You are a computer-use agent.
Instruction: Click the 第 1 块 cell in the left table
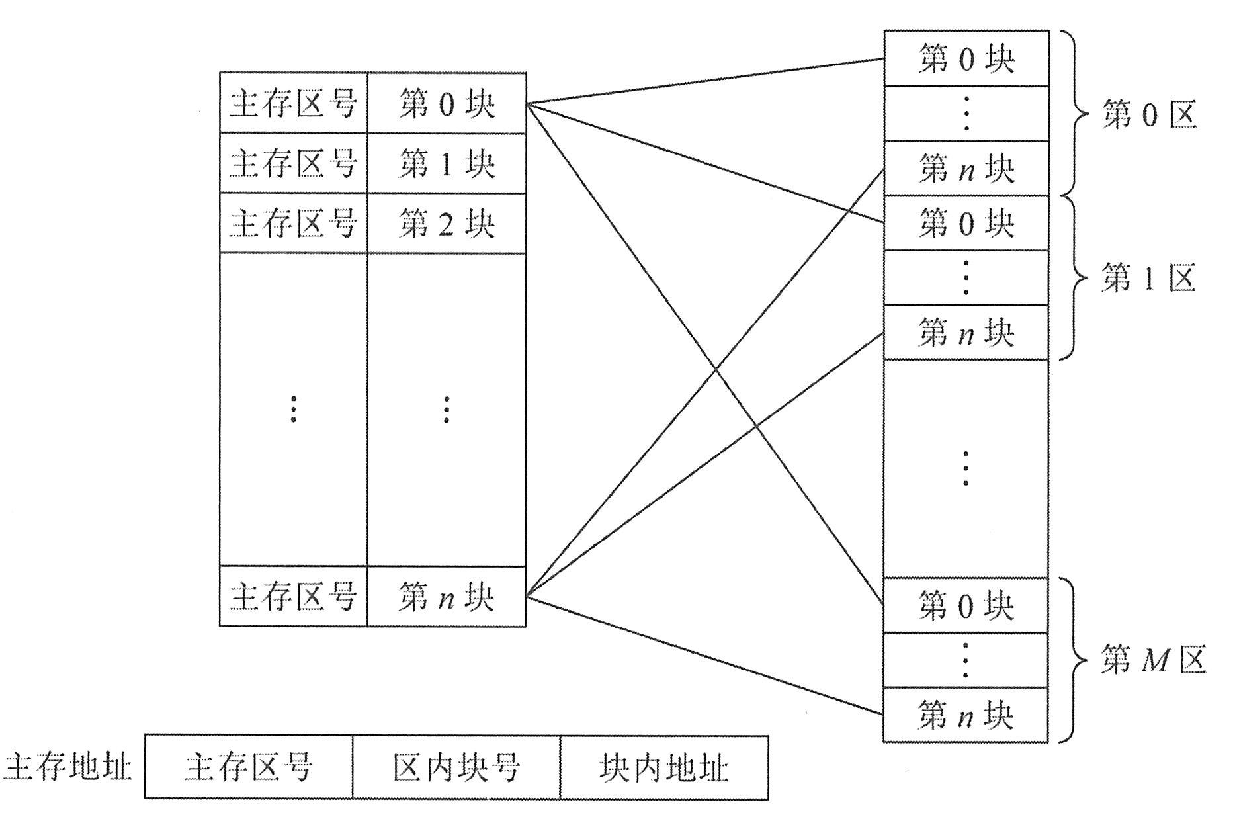[x=447, y=163]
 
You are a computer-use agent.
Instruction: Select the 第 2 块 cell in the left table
[x=447, y=223]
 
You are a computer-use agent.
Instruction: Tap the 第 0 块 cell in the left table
[x=447, y=103]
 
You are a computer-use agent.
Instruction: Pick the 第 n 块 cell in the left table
[x=447, y=597]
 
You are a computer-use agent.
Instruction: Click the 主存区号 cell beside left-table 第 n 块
[x=293, y=597]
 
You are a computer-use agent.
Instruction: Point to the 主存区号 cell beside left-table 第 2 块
[x=293, y=223]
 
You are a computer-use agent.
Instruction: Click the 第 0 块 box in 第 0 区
[x=966, y=59]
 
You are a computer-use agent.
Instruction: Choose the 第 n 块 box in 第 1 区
[x=966, y=332]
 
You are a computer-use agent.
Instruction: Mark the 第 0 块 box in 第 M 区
[x=966, y=605]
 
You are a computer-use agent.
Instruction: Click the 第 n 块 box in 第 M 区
[x=966, y=715]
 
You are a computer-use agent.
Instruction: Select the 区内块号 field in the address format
[x=456, y=767]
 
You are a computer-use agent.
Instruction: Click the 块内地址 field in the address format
[x=664, y=767]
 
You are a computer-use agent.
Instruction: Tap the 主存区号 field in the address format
[x=249, y=767]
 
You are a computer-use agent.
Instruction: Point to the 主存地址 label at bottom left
[x=68, y=767]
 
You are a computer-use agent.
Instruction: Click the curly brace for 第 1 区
[x=1075, y=278]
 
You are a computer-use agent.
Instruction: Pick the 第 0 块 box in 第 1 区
[x=966, y=223]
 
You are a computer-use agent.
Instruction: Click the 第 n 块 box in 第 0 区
[x=966, y=168]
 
